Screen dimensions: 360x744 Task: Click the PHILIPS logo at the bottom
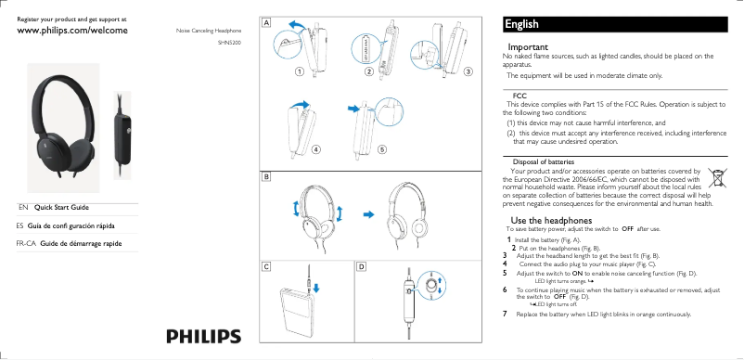(x=203, y=336)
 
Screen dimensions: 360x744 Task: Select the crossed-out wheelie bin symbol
(x=717, y=177)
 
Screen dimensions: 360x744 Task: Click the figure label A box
(x=266, y=22)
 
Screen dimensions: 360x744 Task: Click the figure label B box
(x=266, y=174)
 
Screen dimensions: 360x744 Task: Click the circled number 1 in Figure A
(x=300, y=71)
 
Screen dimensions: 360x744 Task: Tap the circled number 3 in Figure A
(x=468, y=71)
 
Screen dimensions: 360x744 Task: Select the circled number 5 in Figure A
(x=382, y=148)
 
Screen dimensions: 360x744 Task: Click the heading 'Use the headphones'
(x=545, y=219)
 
